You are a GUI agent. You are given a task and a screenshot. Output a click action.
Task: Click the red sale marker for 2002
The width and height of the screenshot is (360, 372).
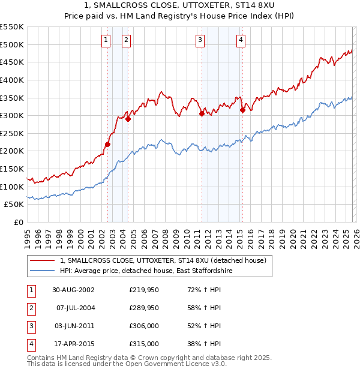pos(108,144)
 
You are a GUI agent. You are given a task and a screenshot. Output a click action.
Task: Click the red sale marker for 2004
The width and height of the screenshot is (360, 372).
pos(128,119)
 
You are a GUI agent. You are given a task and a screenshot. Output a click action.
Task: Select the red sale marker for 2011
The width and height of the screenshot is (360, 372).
pos(201,113)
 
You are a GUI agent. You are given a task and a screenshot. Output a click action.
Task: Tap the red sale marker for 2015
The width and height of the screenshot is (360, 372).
pos(242,110)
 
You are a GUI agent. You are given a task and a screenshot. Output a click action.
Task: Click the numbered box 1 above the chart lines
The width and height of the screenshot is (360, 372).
pos(106,40)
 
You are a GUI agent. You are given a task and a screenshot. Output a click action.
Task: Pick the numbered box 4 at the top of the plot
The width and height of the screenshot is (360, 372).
pos(240,40)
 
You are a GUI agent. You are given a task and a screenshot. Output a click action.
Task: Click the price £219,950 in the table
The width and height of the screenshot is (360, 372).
pos(144,290)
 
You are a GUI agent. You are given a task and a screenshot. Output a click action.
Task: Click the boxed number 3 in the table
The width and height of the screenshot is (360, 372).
pos(30,326)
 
